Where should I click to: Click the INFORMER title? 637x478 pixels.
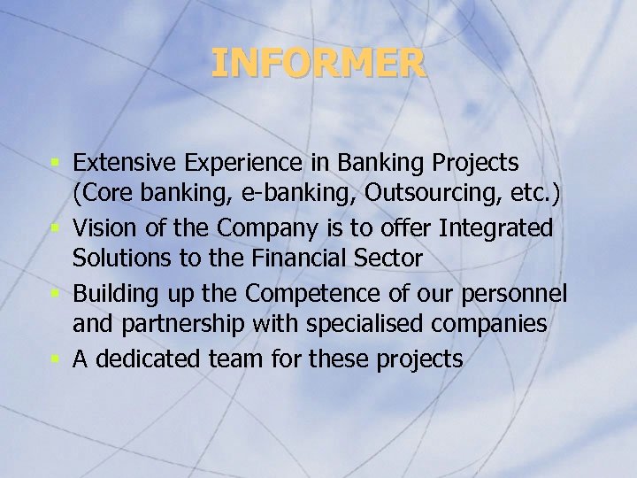[x=318, y=64]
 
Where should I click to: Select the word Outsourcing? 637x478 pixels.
[x=433, y=195]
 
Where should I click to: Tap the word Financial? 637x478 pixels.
[x=296, y=260]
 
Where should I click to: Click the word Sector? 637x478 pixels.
[x=388, y=260]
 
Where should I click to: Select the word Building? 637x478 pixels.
[x=115, y=293]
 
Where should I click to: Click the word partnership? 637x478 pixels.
[x=177, y=326]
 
